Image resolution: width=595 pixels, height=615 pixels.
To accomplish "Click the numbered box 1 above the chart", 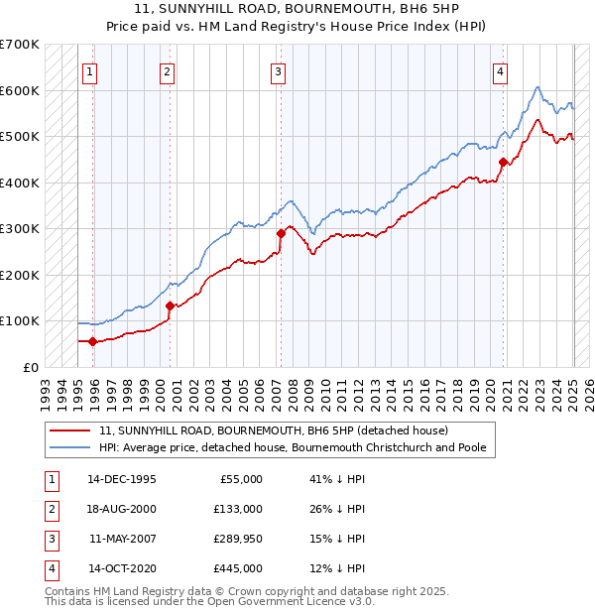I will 89,70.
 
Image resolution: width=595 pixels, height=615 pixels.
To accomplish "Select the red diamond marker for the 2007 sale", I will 281,234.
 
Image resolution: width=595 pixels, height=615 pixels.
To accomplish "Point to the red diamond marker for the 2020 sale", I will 503,162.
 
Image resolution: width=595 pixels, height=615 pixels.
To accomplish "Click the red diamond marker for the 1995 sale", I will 93,342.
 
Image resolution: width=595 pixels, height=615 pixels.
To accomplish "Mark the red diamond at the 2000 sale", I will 170,306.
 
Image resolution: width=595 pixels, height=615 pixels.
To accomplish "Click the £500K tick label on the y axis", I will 20,137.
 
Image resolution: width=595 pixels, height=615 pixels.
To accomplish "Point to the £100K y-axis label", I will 20,321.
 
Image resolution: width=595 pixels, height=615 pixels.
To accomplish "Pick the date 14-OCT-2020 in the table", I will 122,568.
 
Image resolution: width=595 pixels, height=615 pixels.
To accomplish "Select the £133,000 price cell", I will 238,509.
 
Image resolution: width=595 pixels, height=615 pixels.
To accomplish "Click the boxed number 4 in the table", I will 51,568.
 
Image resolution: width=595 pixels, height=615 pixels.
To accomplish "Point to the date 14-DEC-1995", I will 122,479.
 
